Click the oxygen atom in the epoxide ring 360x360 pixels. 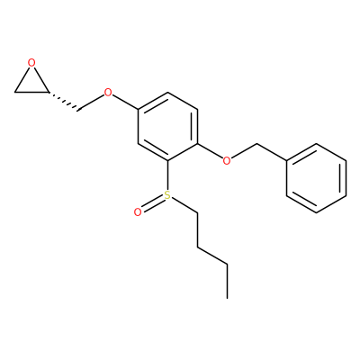click(31, 63)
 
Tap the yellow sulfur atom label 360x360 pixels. click(167, 195)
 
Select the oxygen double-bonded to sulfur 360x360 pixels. click(138, 212)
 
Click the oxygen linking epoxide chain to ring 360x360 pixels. click(108, 93)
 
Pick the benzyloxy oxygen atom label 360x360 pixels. click(227, 160)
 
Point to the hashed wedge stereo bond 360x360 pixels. click(63, 101)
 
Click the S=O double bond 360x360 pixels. click(152, 203)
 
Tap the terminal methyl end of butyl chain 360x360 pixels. click(227, 298)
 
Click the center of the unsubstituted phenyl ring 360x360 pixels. click(317, 178)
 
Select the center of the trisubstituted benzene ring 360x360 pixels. click(167, 127)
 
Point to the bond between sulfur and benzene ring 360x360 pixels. click(167, 175)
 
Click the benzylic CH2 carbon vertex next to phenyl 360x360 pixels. click(257, 144)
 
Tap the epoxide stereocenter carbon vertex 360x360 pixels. click(48, 92)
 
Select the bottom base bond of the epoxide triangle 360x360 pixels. click(31, 92)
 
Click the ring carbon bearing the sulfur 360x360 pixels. click(167, 161)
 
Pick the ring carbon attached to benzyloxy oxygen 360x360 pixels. click(197, 144)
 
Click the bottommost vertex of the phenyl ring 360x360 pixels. click(317, 212)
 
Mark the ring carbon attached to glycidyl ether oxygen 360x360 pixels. click(138, 109)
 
